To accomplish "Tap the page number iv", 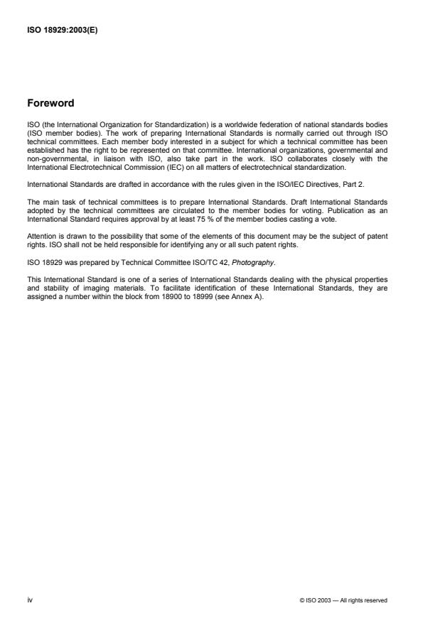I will tap(30, 600).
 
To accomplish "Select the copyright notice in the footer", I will tap(343, 600).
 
